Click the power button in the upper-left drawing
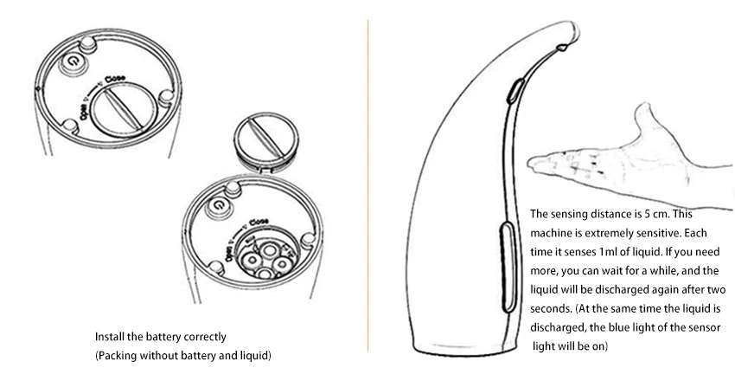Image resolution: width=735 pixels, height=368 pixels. (x=73, y=61)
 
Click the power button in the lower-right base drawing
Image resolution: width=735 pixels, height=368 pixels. (x=219, y=205)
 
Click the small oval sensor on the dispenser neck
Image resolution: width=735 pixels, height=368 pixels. (x=512, y=92)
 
